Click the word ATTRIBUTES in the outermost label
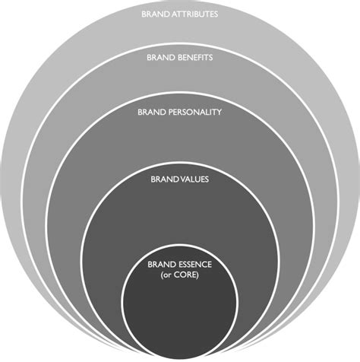click(194, 14)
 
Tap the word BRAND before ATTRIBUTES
click(156, 14)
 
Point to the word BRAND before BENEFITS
click(161, 58)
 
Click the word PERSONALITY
click(195, 112)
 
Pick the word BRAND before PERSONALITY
click(152, 112)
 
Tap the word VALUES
click(194, 179)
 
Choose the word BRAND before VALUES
click(165, 179)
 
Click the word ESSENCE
click(195, 265)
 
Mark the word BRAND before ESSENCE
click(162, 265)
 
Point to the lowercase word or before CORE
click(167, 275)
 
